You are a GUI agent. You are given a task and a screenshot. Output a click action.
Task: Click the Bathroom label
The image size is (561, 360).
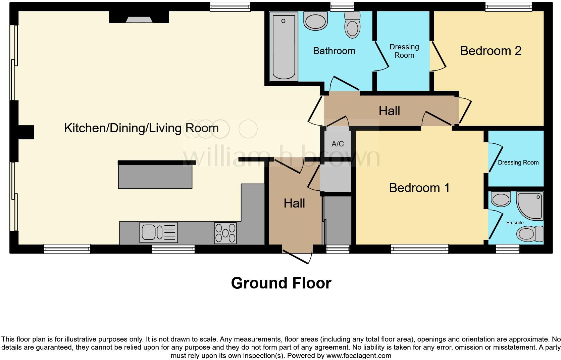(334, 51)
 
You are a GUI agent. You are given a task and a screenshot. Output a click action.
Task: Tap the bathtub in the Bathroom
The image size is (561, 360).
(284, 46)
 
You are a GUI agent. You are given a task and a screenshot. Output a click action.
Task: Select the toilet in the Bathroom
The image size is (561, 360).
(353, 26)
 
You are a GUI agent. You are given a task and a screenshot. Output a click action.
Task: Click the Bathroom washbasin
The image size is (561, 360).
(315, 21)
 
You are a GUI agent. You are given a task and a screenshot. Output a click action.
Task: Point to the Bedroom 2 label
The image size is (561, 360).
(491, 51)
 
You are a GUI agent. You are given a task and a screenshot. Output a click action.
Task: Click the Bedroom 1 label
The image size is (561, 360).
(419, 188)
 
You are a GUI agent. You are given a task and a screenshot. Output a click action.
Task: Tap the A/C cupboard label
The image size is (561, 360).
(338, 144)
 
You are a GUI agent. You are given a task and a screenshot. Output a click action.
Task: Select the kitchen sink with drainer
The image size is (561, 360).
(158, 232)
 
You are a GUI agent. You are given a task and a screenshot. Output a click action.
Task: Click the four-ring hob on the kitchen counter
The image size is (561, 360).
(225, 232)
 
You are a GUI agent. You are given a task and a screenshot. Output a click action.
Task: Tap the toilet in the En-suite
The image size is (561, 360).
(530, 234)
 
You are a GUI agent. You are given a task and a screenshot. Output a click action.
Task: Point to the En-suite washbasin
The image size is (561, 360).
(501, 198)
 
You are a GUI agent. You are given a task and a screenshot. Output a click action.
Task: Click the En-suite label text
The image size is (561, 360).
(515, 223)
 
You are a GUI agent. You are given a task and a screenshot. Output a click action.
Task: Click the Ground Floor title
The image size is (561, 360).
(281, 283)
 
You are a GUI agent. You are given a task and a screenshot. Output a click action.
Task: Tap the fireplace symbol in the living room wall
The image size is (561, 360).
(139, 19)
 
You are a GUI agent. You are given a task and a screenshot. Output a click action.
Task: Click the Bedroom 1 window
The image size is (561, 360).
(419, 249)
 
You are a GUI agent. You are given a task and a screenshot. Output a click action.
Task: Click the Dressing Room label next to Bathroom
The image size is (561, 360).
(404, 51)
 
